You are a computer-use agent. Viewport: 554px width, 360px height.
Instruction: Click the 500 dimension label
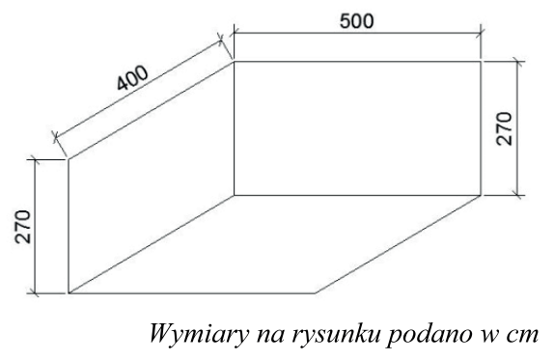point(356,19)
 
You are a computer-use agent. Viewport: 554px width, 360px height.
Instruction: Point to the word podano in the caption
point(405,337)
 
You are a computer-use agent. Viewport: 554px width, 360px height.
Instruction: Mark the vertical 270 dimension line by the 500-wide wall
point(519,126)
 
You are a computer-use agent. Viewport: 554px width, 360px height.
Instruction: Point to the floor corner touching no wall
point(315,291)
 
